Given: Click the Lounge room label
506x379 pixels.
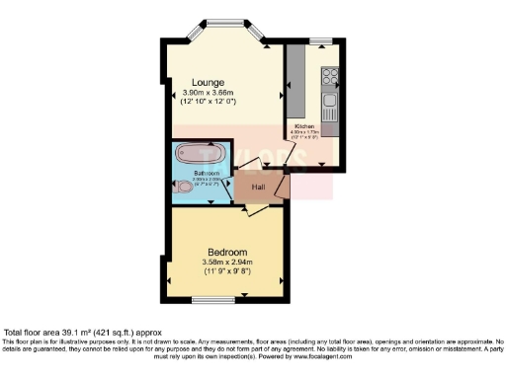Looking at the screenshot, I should click(209, 82).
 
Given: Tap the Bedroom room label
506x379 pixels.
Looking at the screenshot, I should click(226, 251).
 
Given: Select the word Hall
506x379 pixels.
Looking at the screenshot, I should click(258, 187).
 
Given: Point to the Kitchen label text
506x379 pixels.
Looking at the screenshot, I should click(302, 126).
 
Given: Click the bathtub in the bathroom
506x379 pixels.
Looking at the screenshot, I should click(199, 153).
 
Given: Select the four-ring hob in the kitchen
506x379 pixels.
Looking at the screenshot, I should click(329, 75).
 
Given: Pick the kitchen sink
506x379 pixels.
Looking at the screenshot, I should click(330, 104).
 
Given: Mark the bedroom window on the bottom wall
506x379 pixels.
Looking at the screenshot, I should click(212, 298).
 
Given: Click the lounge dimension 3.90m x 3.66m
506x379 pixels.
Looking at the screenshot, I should click(209, 93).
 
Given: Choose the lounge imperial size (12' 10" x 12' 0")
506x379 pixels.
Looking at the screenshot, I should click(209, 103).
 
